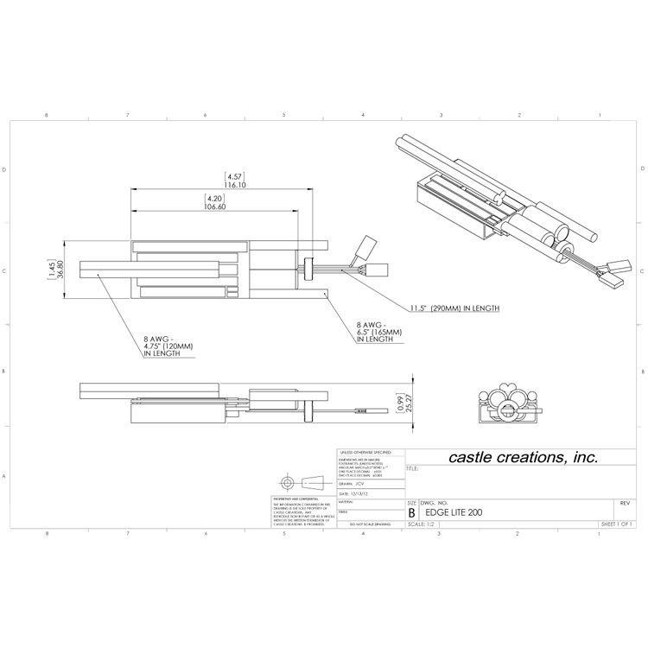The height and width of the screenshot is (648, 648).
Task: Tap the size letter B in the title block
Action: [411, 512]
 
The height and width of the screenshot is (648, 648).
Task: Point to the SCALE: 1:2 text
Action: [420, 524]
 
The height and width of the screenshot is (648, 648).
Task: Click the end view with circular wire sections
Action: [508, 403]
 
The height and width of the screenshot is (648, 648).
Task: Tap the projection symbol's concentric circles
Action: [287, 482]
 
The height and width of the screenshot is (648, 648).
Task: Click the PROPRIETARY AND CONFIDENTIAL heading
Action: [292, 499]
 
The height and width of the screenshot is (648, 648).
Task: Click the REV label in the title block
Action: [624, 502]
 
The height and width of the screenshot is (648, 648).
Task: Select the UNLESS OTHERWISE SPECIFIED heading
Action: [366, 451]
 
